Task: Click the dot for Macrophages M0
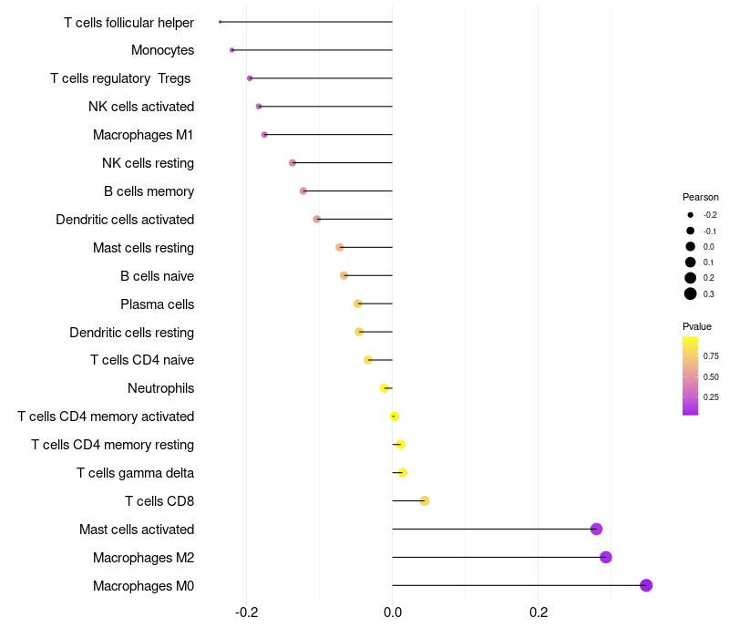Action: pos(646,585)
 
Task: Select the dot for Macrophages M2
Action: pos(606,557)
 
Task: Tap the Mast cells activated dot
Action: pos(596,529)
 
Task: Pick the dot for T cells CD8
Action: pos(425,500)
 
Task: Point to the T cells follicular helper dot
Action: pos(221,22)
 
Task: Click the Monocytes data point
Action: pos(232,50)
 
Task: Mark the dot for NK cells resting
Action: pos(293,162)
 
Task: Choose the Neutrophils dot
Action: pos(385,388)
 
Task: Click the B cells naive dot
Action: pos(344,275)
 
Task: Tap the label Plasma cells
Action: pos(157,304)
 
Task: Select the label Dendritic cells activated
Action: pos(125,219)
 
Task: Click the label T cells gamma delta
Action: pos(135,472)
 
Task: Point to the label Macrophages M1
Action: pos(143,135)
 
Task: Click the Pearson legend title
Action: pos(701,197)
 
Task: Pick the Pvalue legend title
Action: pos(697,326)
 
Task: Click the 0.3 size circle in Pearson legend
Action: pos(691,293)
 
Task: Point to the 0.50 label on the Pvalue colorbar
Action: pos(711,376)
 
